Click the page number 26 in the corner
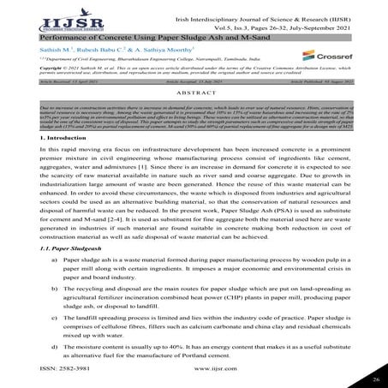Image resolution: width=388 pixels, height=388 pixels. pyautogui.click(x=375, y=376)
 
